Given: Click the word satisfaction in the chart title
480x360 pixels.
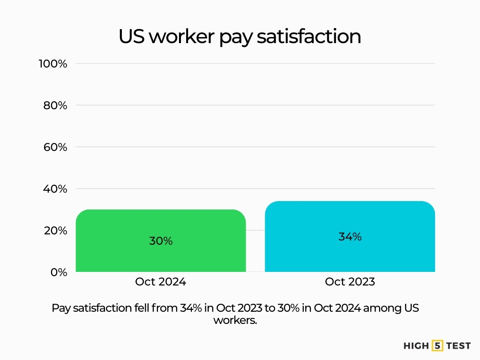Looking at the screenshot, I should click(x=309, y=37).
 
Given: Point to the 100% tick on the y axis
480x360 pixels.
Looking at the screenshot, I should click(x=52, y=63).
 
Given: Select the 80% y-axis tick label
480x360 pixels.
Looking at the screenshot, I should click(x=55, y=105).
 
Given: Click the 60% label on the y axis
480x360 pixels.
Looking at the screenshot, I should click(x=55, y=147).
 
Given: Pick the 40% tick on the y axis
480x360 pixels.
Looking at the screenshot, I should click(x=55, y=189).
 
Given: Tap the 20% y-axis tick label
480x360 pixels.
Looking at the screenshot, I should click(x=55, y=231).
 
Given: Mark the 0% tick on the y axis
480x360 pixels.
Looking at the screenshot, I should click(x=59, y=272).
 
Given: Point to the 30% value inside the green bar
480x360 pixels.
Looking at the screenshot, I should click(x=161, y=241).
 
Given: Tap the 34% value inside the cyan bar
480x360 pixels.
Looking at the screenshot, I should click(x=350, y=237).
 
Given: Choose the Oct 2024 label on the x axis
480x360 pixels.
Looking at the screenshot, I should click(x=160, y=282).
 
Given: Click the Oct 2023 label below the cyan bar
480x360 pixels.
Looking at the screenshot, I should click(x=350, y=282).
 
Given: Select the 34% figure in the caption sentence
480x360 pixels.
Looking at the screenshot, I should click(x=190, y=308).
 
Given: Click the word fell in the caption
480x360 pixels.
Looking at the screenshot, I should click(x=167, y=308).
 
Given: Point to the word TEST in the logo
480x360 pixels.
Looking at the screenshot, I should click(x=458, y=346).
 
